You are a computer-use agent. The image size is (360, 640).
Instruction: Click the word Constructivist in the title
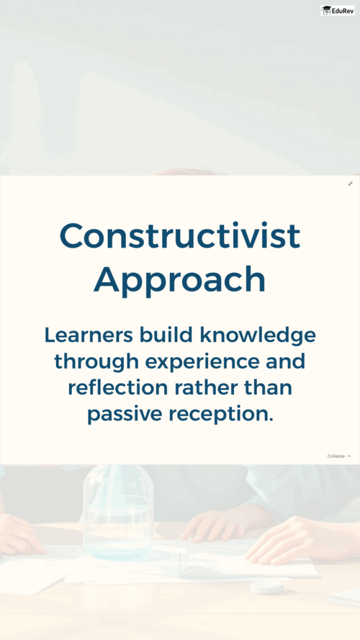pos(180,235)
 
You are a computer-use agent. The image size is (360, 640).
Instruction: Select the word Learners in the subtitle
pos(89,335)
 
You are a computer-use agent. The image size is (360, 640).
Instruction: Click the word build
pos(166,335)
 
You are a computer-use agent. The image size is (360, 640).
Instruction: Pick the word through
pos(96,362)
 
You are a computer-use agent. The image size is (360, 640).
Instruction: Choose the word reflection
pos(118,388)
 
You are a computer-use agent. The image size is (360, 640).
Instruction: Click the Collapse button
pos(339,456)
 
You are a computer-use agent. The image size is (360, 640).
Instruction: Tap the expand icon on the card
pos(350,184)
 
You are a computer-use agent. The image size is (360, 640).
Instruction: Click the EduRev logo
pos(338,11)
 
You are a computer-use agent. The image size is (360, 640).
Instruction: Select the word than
pos(268,388)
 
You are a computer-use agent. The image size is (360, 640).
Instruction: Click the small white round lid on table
pos(267,587)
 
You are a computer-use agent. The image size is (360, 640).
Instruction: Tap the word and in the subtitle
pos(285,361)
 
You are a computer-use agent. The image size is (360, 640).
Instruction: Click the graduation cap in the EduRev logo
pos(326,11)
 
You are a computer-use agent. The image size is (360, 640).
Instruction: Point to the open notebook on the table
pos(248,559)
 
